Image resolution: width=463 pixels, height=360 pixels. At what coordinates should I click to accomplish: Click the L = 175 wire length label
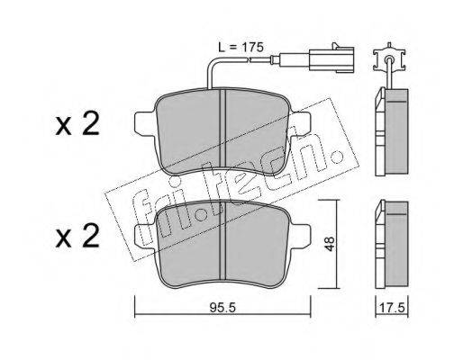[241, 47]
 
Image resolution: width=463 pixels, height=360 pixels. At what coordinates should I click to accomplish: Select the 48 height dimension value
[330, 244]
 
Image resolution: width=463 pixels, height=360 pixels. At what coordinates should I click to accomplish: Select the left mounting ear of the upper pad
[146, 122]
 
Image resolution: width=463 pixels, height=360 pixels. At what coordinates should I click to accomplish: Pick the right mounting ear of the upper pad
[300, 122]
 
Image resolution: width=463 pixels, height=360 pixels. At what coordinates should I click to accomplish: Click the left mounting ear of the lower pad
[146, 235]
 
